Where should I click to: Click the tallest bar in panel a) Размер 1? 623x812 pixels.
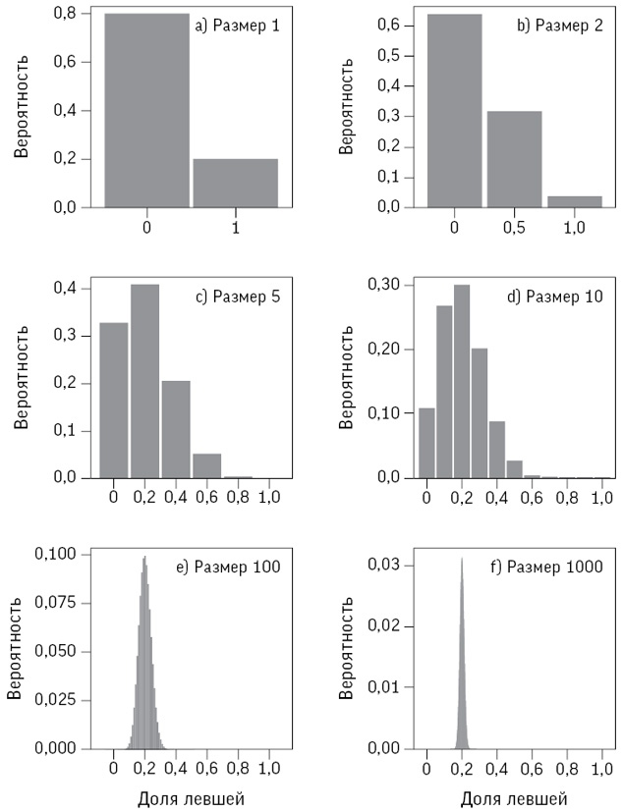coord(146,110)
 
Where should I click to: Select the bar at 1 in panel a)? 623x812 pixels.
coord(235,183)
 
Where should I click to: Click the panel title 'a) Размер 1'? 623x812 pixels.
coord(237,27)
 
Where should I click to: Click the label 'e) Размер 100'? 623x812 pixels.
coord(237,567)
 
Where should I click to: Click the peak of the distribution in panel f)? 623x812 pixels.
coord(461,562)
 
